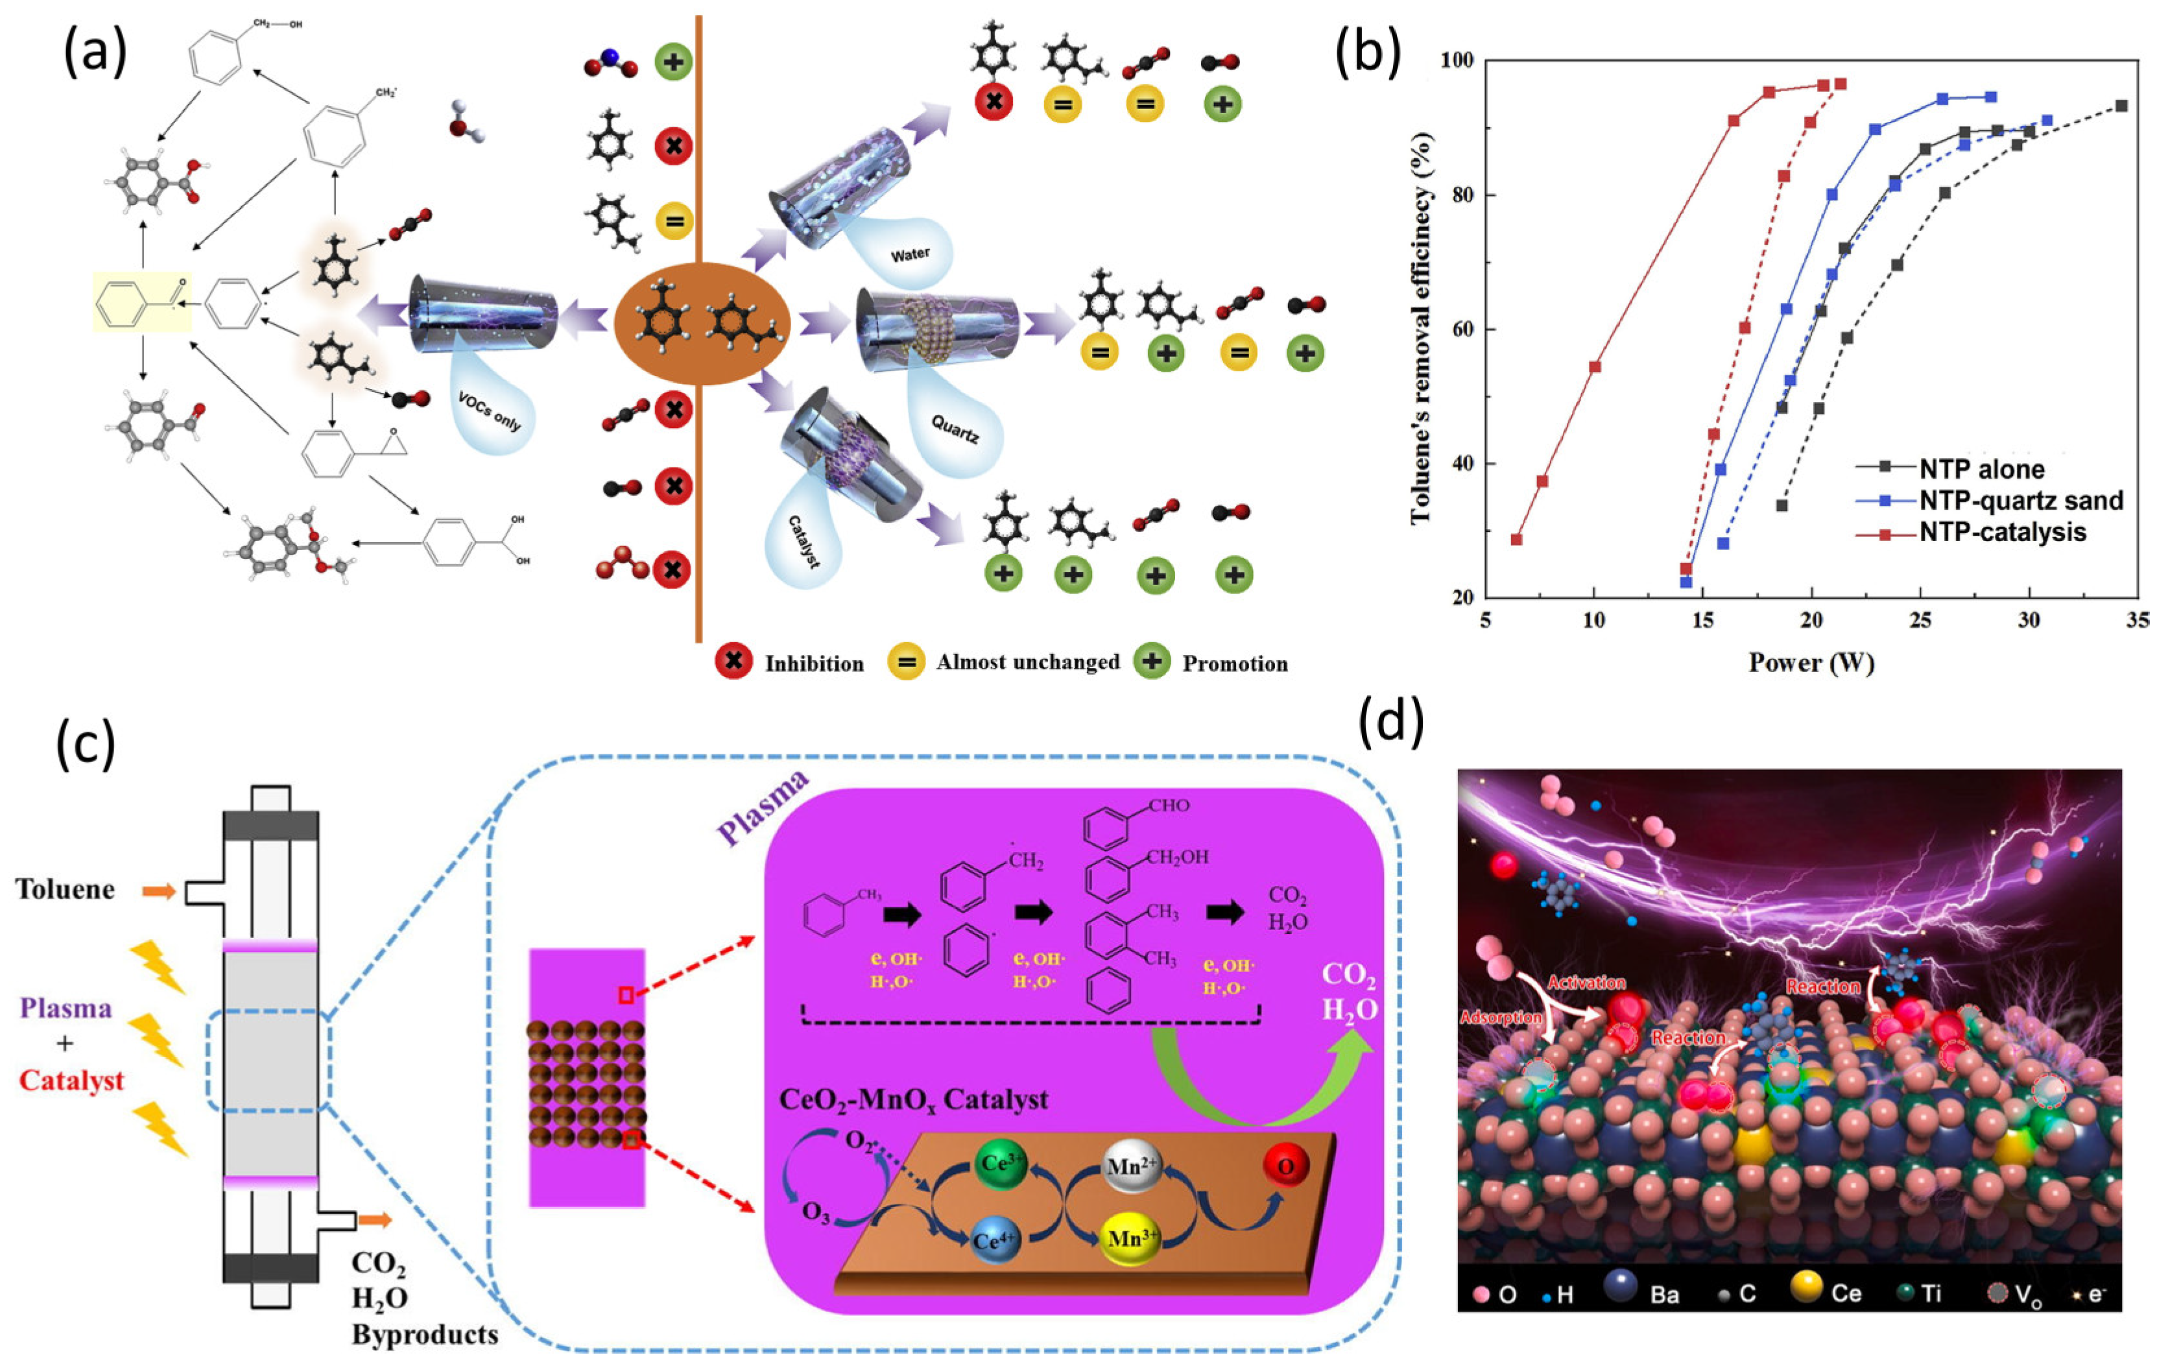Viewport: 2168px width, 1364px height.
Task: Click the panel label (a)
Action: [x=95, y=53]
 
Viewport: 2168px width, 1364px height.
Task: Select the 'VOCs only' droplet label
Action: [x=489, y=411]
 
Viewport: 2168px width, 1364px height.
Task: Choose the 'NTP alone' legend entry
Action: [x=1981, y=468]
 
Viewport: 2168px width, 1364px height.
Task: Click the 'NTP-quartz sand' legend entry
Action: [x=2020, y=501]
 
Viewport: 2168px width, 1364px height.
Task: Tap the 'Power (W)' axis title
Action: [x=1811, y=663]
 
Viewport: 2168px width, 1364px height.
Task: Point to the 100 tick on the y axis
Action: [x=1458, y=60]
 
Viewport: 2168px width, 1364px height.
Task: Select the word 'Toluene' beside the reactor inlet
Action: [x=66, y=889]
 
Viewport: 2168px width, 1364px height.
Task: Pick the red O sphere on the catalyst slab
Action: [x=1285, y=1166]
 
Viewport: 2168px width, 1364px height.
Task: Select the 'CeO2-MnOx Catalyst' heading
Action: [x=913, y=1099]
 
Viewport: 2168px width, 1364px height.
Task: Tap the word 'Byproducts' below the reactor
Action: [x=425, y=1334]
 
